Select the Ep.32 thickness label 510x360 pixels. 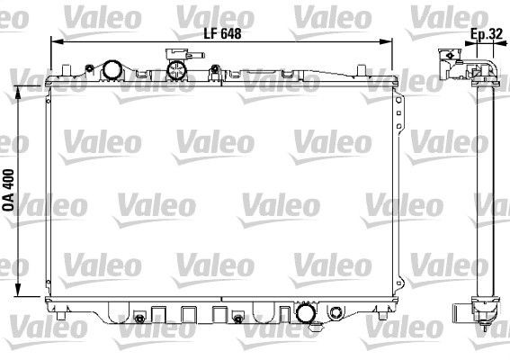pos(486,35)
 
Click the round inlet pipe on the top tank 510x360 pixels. pos(112,70)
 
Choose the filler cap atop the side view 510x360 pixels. pos(451,57)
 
